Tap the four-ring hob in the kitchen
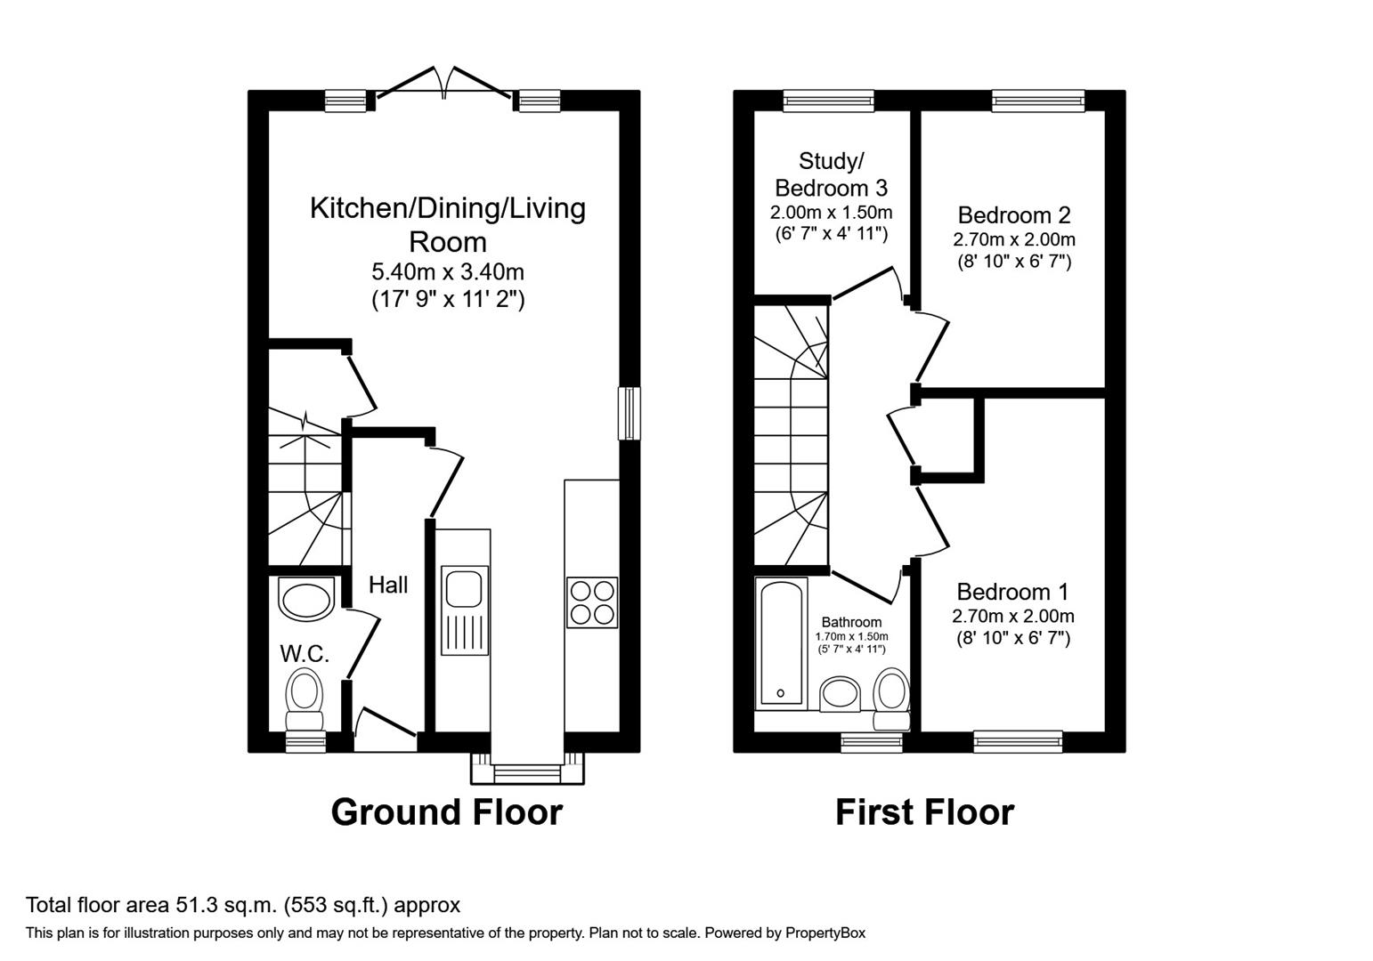591,602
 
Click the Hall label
388,585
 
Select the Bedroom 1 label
1012,592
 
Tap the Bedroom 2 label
1013,214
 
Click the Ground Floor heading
446,812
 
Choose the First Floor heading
924,812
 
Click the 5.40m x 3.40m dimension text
447,271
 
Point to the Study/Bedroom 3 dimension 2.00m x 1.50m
831,213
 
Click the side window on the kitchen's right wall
630,413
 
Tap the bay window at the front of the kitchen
527,771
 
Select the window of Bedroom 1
1018,740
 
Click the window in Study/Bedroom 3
828,101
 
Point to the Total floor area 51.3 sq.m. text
243,906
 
